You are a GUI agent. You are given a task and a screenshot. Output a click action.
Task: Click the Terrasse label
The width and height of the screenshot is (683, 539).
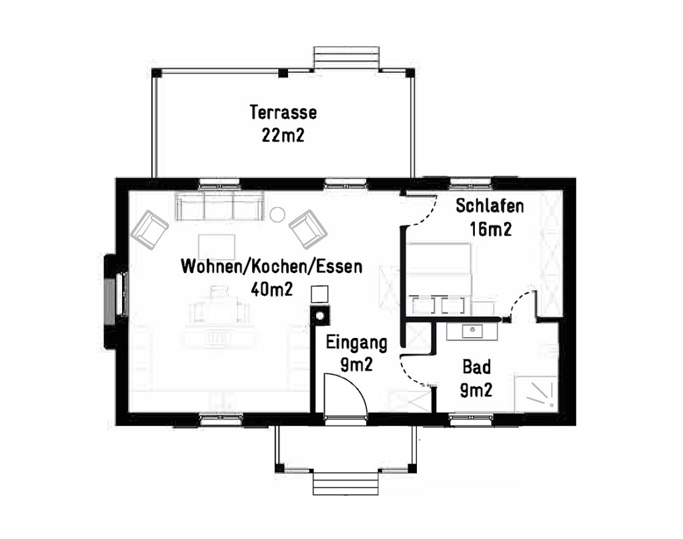[283, 112]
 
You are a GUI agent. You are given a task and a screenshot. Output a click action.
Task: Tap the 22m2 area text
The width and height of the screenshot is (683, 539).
[283, 135]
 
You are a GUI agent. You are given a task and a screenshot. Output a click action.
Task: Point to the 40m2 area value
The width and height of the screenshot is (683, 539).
[272, 289]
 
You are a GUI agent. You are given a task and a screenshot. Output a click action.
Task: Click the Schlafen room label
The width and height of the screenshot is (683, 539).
[490, 206]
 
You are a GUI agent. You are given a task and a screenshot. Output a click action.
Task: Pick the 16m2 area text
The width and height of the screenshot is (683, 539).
[490, 229]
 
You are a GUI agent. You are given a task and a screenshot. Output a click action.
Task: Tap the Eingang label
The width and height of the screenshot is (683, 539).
[357, 343]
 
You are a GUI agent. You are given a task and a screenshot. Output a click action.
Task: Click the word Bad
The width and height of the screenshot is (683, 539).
[476, 367]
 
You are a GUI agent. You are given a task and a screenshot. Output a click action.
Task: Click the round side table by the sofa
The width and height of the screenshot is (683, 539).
[277, 214]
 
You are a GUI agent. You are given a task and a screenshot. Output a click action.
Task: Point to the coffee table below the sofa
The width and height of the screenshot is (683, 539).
[217, 247]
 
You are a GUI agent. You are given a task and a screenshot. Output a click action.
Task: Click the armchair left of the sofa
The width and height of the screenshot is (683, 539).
[149, 229]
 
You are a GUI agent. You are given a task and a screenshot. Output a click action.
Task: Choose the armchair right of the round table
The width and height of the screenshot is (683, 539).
[308, 229]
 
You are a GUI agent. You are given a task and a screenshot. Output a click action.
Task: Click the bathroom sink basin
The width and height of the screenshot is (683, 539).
[472, 331]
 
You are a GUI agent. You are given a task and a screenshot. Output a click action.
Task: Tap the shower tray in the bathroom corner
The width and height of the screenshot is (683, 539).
[536, 393]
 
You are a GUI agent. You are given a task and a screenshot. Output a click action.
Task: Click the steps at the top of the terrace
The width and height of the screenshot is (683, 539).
[347, 57]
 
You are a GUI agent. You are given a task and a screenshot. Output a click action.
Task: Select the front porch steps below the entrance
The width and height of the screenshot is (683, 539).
[346, 483]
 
